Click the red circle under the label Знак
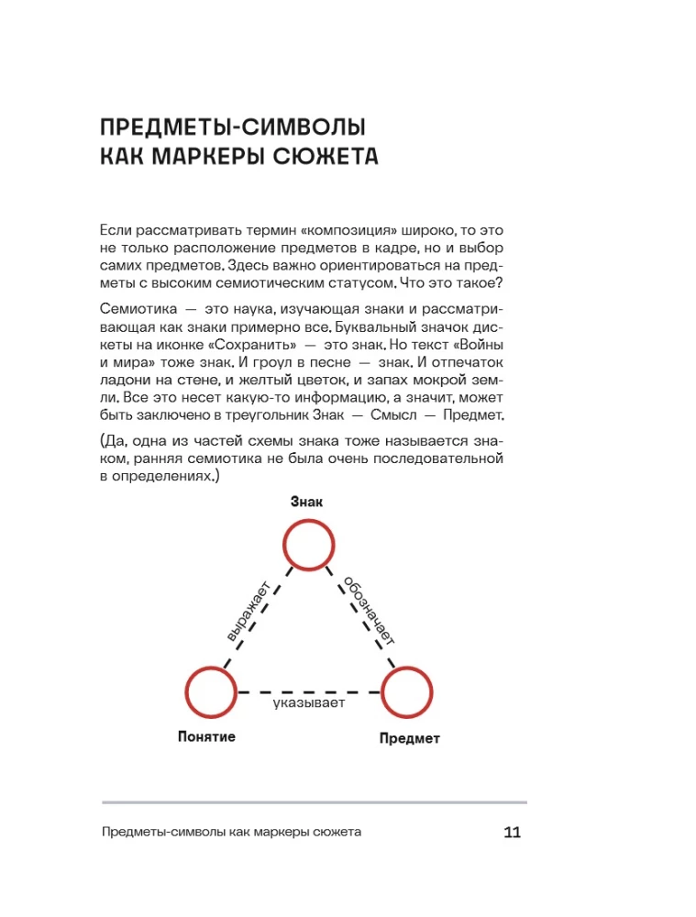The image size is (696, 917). [x=307, y=547]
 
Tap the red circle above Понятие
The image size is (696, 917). [x=212, y=692]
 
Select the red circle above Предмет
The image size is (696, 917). [x=407, y=692]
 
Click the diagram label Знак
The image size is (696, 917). [x=306, y=502]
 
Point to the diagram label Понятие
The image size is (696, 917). [x=206, y=736]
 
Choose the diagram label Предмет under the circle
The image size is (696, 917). [x=409, y=738]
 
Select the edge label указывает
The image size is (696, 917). [x=309, y=703]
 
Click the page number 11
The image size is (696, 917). [x=512, y=833]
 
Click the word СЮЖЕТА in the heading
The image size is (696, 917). [x=324, y=156]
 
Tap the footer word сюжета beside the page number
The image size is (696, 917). [x=337, y=833]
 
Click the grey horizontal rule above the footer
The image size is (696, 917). [x=313, y=803]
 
